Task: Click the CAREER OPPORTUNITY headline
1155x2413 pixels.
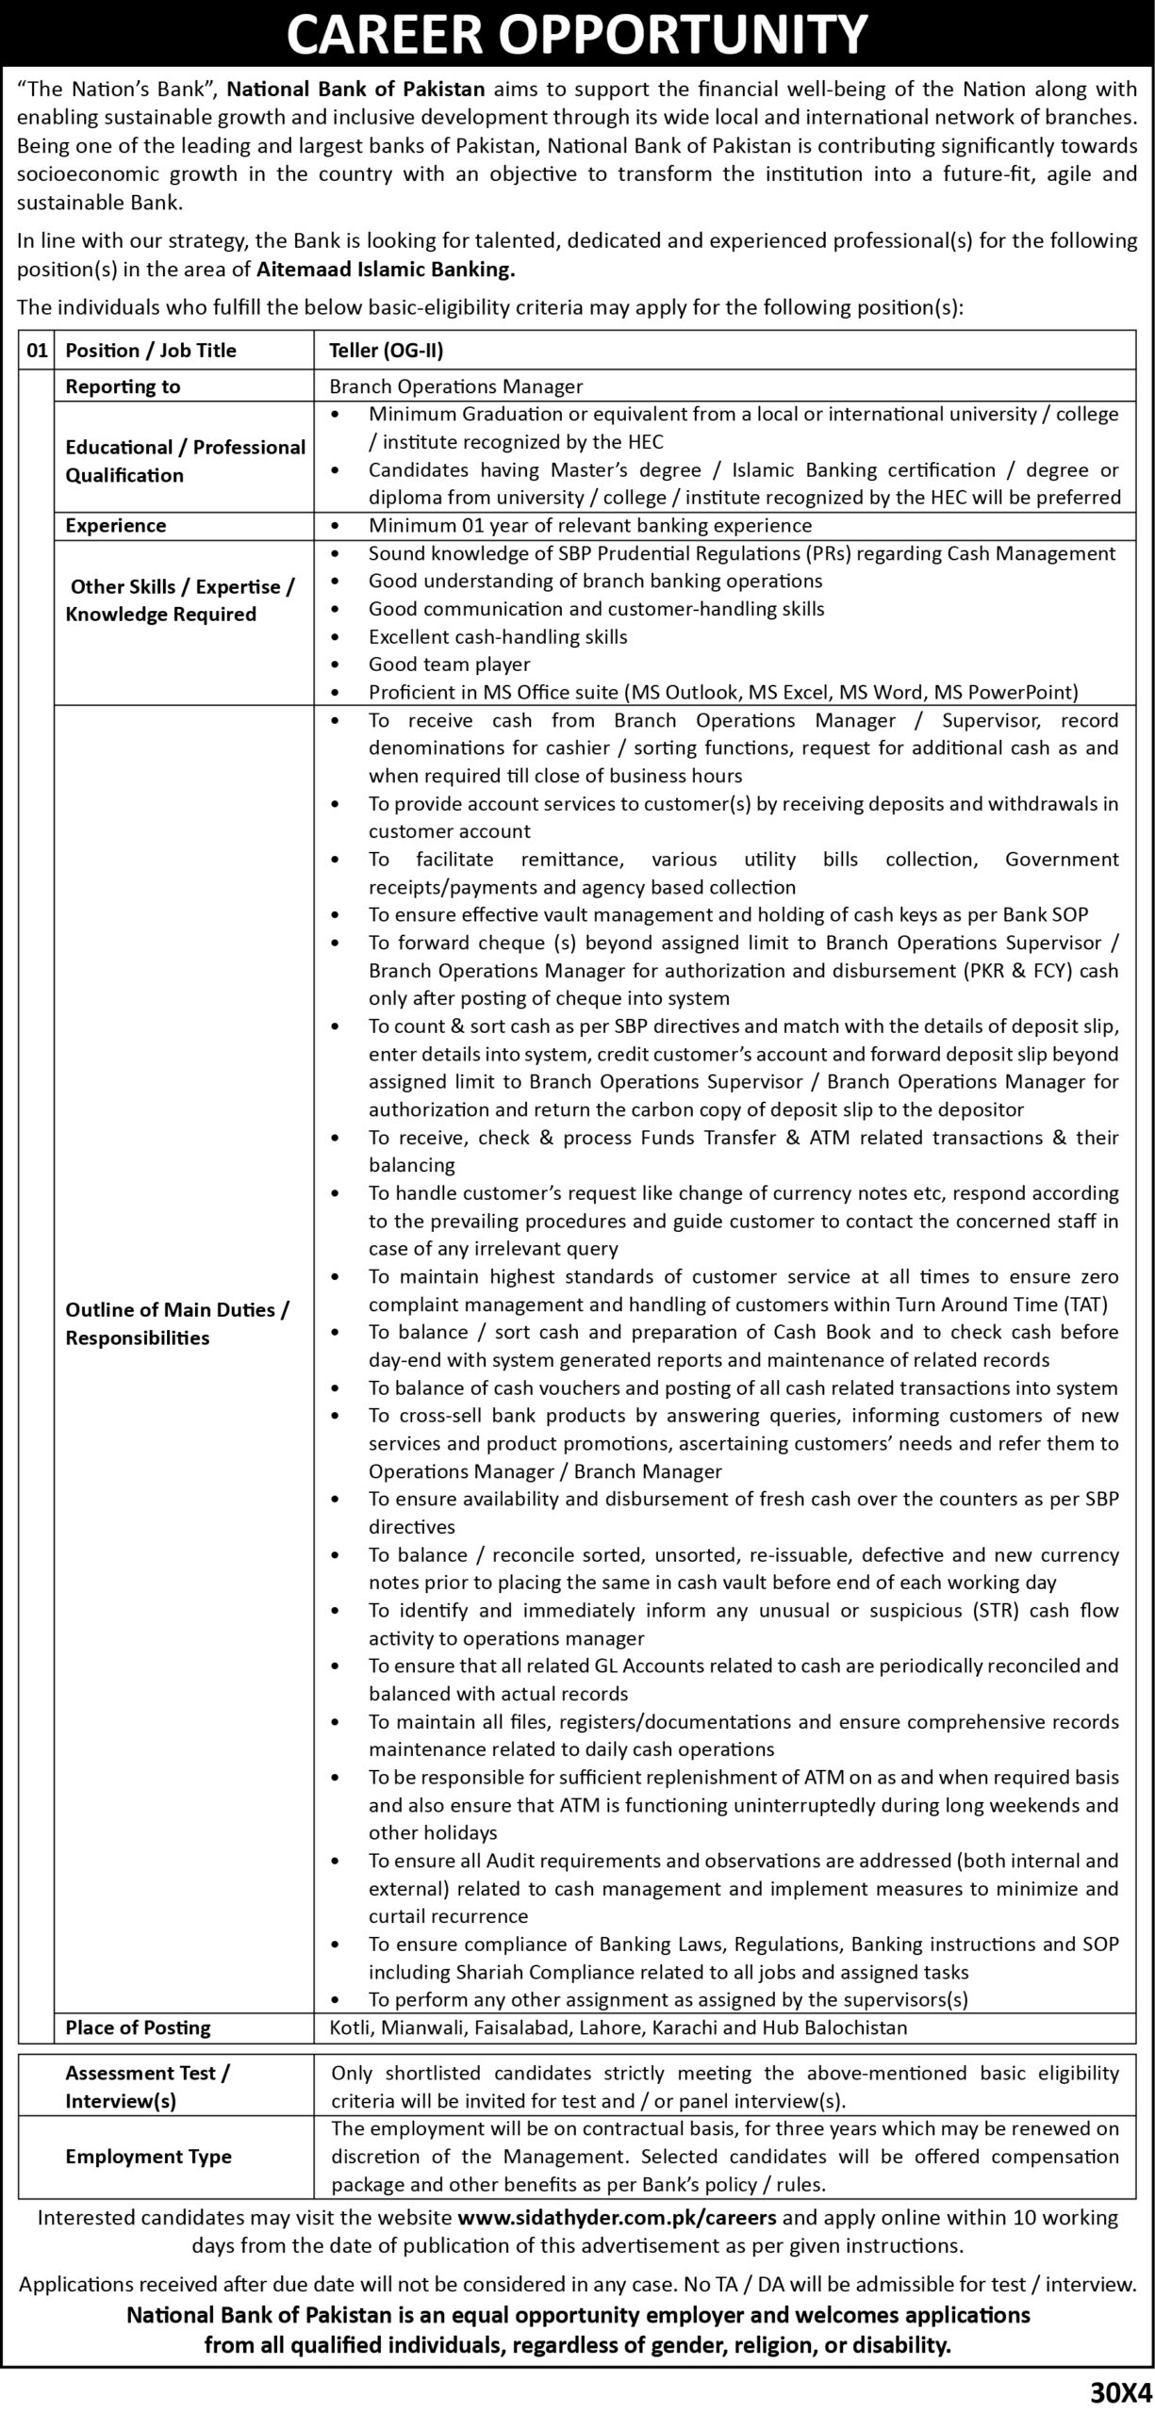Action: click(576, 36)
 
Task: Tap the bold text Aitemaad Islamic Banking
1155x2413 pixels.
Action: click(386, 269)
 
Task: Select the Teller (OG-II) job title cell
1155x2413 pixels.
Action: click(386, 351)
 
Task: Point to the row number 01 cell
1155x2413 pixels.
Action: click(37, 351)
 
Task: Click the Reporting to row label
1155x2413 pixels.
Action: click(123, 386)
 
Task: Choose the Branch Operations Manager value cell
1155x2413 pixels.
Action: click(456, 386)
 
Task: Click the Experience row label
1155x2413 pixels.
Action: click(116, 526)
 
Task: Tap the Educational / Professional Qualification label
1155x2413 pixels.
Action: click(185, 461)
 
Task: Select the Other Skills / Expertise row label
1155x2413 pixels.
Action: click(182, 600)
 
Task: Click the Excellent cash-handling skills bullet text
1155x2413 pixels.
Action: click(498, 637)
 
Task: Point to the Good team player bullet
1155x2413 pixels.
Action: click(449, 665)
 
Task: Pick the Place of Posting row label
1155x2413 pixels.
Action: click(138, 2027)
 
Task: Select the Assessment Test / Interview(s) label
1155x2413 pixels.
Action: click(147, 2087)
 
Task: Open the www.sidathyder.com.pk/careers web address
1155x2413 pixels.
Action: click(617, 2218)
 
